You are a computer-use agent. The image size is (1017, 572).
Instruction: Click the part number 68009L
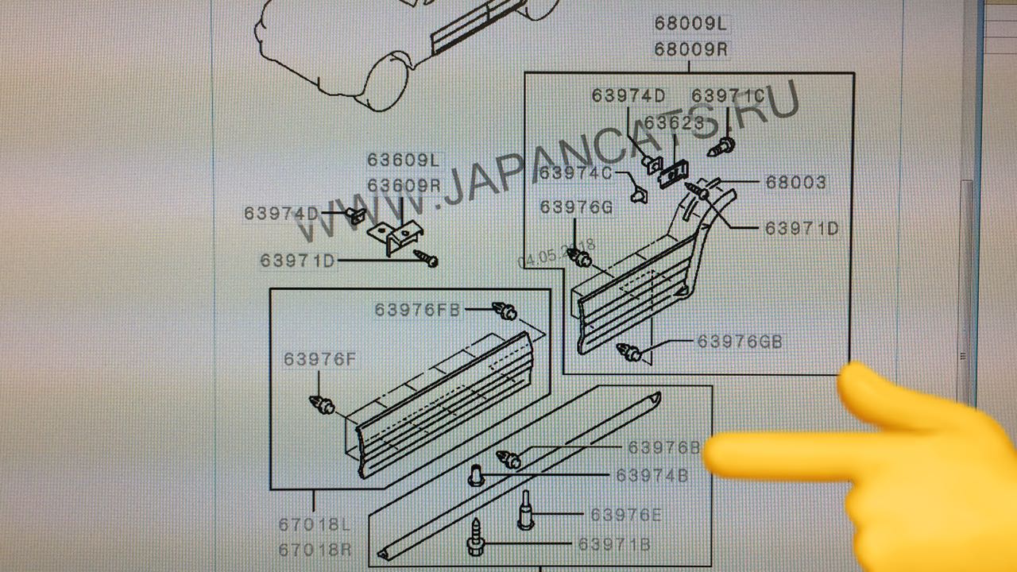coord(690,23)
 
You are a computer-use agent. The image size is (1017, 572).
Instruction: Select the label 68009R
coord(690,49)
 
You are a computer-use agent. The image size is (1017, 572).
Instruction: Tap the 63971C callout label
coord(728,96)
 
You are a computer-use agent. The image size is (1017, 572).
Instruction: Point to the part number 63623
coord(675,122)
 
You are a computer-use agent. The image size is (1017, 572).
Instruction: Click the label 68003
coord(796,183)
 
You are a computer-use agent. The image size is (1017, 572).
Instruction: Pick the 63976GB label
coord(740,342)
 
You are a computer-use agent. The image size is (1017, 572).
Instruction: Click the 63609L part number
coord(404,160)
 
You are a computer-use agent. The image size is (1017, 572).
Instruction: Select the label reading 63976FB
coord(418,310)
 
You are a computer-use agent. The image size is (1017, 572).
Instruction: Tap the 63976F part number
coord(320,359)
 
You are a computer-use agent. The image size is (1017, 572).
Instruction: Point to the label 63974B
coord(652,475)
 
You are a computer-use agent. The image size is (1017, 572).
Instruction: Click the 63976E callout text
coord(626,515)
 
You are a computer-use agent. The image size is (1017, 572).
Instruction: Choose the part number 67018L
coord(315,525)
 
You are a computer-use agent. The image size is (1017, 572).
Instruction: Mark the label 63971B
coord(614,544)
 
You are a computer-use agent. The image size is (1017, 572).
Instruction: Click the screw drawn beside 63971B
coord(476,538)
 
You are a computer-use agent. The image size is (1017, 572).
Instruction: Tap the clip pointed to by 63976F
coord(322,404)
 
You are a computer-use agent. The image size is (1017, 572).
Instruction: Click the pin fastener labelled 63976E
coord(526,510)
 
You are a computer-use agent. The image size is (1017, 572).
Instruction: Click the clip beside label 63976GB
coord(629,352)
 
